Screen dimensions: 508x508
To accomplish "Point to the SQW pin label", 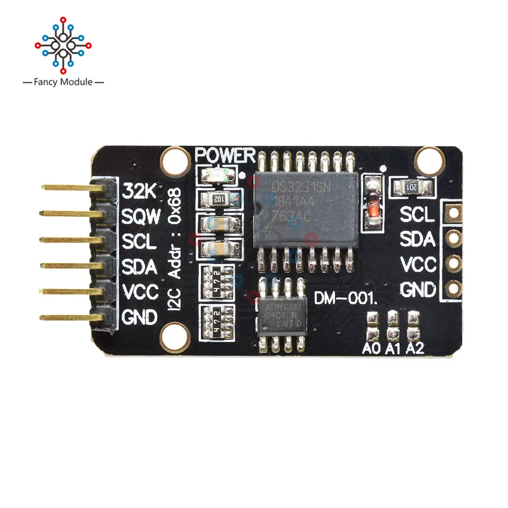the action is (x=141, y=217).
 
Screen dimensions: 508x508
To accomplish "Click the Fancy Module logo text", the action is (x=63, y=82).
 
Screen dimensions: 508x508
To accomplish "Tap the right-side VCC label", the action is (x=418, y=264).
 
